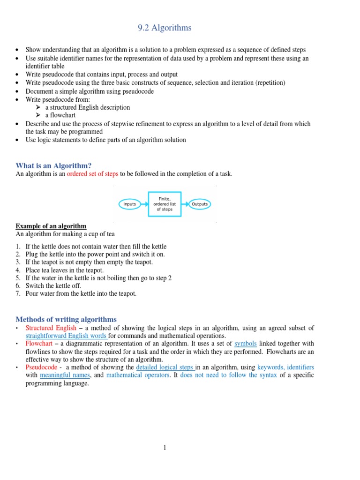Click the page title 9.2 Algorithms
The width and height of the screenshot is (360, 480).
[x=165, y=28]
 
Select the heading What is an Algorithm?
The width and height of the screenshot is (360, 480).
[x=53, y=165]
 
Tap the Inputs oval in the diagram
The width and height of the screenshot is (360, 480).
[x=129, y=204]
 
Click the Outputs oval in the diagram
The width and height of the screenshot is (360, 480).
[x=199, y=204]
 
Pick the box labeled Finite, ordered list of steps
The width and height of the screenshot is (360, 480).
[x=165, y=204]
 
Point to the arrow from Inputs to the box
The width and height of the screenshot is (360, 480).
[x=144, y=204]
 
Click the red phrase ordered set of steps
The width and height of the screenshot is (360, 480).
[x=92, y=174]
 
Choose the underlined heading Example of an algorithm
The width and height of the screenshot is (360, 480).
[x=51, y=226]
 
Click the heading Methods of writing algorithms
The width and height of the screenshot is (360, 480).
[x=66, y=319]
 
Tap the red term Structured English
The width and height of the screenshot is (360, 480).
[x=51, y=328]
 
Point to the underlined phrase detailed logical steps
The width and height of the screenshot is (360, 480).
[x=165, y=367]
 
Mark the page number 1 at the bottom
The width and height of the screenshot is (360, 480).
[x=165, y=448]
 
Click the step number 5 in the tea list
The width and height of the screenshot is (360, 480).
[x=18, y=278]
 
